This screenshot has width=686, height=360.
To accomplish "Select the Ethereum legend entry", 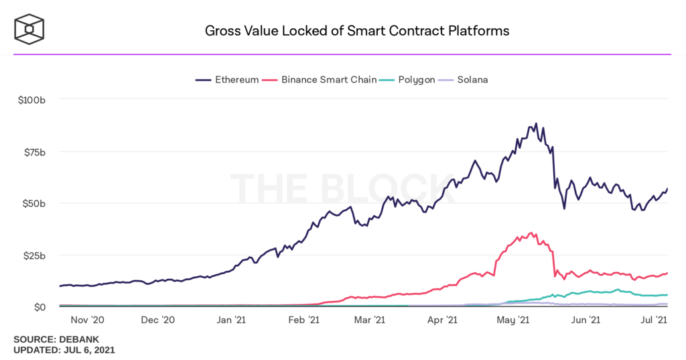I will coord(228,80).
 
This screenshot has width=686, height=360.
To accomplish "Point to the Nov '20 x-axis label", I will coord(87,320).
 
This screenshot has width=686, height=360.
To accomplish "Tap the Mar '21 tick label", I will coord(370,320).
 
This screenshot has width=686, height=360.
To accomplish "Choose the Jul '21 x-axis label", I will coord(656,320).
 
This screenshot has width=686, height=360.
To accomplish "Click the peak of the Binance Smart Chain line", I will coord(531,233).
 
